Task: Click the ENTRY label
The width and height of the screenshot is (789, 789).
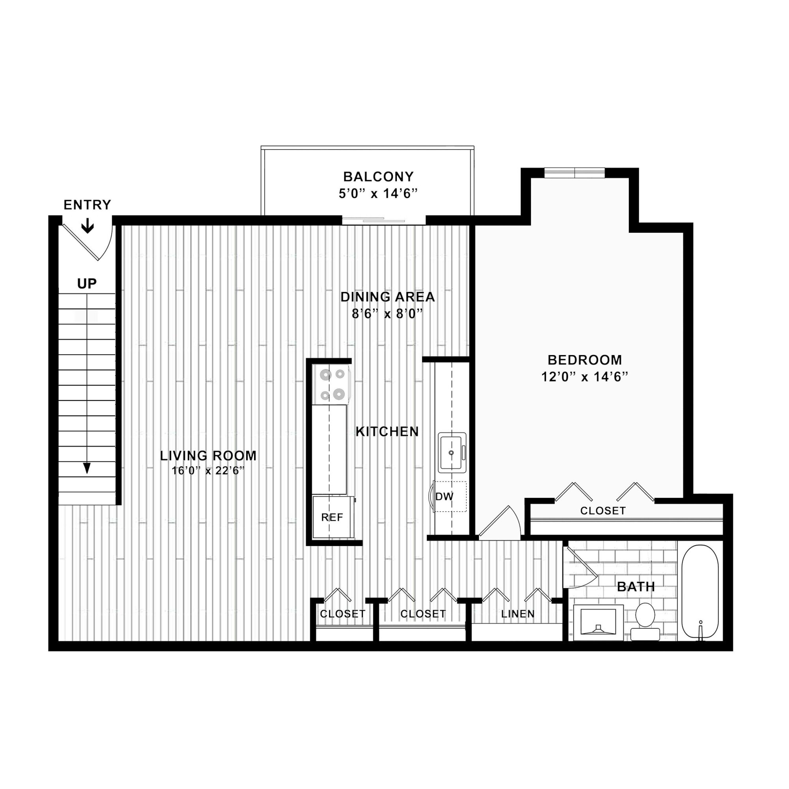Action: pyautogui.click(x=87, y=205)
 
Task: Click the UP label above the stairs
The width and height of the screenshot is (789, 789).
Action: pyautogui.click(x=87, y=284)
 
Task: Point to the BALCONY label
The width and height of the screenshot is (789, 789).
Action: pyautogui.click(x=378, y=177)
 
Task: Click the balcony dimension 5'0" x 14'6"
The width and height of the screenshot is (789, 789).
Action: pyautogui.click(x=378, y=194)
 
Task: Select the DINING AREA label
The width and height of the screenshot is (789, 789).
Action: pyautogui.click(x=388, y=297)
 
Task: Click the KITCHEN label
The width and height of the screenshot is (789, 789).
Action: pyautogui.click(x=387, y=431)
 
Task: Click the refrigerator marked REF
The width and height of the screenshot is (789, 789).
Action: pyautogui.click(x=333, y=517)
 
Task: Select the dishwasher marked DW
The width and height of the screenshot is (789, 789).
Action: pyautogui.click(x=449, y=496)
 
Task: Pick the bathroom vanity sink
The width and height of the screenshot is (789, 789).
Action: pyautogui.click(x=598, y=622)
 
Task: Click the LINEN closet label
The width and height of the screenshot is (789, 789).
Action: pyautogui.click(x=518, y=614)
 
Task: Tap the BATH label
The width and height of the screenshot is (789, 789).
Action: pyautogui.click(x=636, y=587)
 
